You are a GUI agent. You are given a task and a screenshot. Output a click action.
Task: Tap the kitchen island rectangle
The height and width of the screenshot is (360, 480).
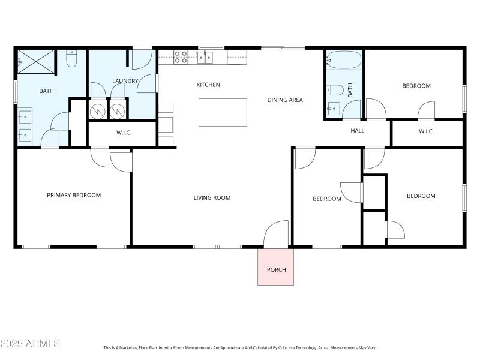coord(223,112)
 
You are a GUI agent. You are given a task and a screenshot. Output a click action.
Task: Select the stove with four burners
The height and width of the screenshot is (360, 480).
coord(181,57)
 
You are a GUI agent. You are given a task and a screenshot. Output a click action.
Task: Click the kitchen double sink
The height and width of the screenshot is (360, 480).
coord(206,57)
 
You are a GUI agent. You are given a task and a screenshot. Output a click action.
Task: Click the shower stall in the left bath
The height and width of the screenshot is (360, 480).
coord(35,61)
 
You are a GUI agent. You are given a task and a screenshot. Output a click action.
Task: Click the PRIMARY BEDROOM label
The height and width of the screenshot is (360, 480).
coord(74,195)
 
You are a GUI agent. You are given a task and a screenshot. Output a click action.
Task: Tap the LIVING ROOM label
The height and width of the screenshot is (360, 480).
coord(212,198)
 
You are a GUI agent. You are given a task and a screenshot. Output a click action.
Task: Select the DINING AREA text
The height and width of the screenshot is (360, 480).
coord(284,100)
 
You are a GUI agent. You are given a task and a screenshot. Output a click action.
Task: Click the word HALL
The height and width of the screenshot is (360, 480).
coord(357,131)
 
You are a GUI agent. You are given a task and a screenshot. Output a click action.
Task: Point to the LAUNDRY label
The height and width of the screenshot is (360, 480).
coord(125,81)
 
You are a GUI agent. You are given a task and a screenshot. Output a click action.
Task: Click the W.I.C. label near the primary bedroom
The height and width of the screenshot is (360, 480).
coord(124,133)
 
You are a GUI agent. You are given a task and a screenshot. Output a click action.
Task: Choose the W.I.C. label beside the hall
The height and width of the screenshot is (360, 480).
coord(426,131)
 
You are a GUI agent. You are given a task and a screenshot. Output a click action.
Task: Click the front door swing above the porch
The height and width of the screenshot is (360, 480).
coord(277,234)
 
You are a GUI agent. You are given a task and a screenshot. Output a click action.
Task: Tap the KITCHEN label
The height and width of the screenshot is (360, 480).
coord(208,85)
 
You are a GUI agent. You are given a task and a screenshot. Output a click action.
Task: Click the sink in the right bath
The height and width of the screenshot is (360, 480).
coord(332,109)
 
